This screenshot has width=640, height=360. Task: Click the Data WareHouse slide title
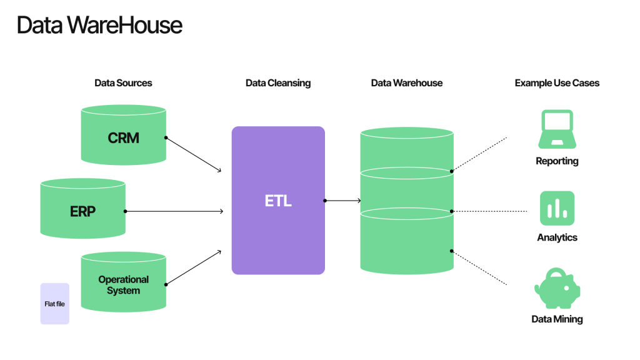(x=99, y=25)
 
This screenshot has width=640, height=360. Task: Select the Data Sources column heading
(x=123, y=82)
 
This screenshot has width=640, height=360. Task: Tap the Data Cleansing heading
(x=278, y=82)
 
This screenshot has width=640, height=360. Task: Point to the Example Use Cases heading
(x=557, y=82)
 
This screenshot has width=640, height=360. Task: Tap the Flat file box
(x=55, y=304)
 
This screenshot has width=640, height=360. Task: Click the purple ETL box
(x=278, y=201)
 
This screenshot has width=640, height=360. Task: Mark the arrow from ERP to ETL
(x=174, y=211)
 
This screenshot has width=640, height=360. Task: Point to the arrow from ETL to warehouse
(x=343, y=201)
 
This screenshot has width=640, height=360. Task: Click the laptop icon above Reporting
(x=557, y=128)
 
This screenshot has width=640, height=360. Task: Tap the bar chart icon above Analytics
(x=557, y=208)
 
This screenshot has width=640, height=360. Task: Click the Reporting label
(x=557, y=161)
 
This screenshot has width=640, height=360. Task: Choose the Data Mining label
(x=557, y=319)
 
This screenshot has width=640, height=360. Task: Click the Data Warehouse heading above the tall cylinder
(x=406, y=82)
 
